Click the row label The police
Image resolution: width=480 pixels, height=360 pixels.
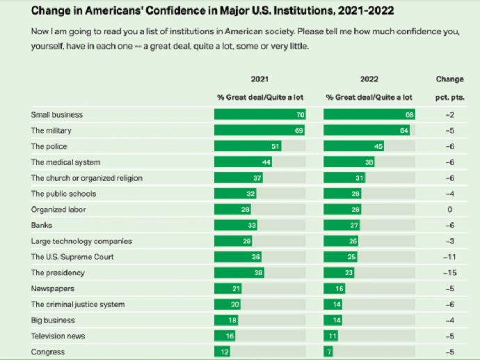pos(51,146)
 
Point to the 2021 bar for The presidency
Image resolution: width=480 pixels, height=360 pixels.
pos(240,273)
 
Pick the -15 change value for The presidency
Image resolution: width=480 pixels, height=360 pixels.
pos(449,273)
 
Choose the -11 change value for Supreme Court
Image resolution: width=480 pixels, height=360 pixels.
pos(449,257)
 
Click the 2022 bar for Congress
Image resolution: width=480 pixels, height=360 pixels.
pos(328,352)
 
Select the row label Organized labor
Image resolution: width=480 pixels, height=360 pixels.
pos(58,210)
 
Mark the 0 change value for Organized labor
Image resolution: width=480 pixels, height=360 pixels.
pos(449,210)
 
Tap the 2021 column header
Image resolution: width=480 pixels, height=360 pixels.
pos(259,79)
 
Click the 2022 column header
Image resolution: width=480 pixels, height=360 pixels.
pos(369,79)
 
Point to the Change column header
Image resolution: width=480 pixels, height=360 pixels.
pos(449,79)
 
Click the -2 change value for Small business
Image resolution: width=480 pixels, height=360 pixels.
pos(449,114)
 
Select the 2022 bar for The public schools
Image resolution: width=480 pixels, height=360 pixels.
pos(342,194)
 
